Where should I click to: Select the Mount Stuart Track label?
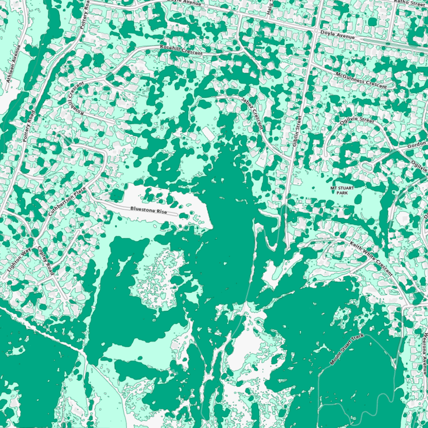(x=347, y=349)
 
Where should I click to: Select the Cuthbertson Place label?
(x=68, y=202)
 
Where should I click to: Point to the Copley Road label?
(x=45, y=261)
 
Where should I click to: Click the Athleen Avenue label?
(x=15, y=64)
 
